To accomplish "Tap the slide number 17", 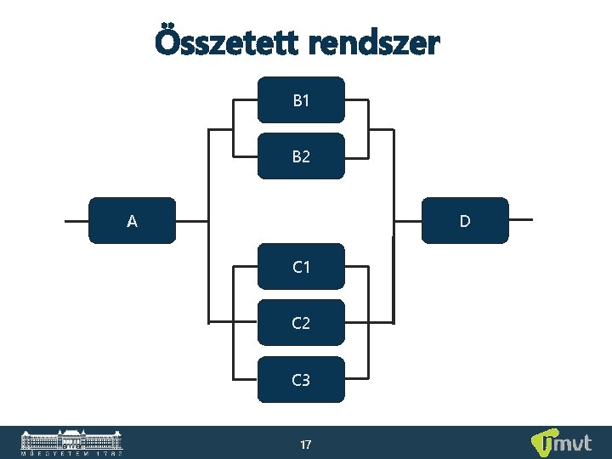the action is (x=305, y=444).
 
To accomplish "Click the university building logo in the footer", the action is (x=71, y=442).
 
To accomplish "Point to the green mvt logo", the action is (x=561, y=443).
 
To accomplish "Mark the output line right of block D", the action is (x=520, y=219).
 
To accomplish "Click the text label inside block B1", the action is (x=301, y=100).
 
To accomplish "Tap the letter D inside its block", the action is (x=465, y=221).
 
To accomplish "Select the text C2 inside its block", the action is (x=301, y=323).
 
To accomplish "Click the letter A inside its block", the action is (x=132, y=222).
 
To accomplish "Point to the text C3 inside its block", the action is (x=301, y=379).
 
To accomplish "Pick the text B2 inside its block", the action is (x=301, y=156).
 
